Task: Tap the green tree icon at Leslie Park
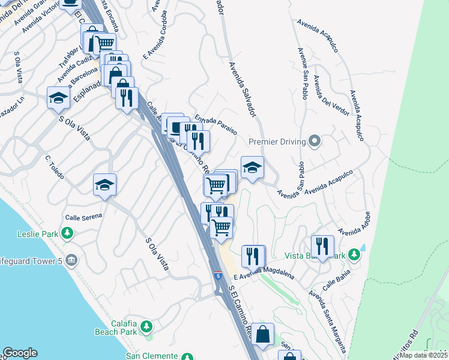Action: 68,233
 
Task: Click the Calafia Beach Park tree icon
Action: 145,327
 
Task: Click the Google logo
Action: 20,353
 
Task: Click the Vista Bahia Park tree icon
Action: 355,255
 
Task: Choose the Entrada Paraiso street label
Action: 215,124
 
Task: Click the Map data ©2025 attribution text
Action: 424,355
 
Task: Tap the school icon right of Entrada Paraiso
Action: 253,167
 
